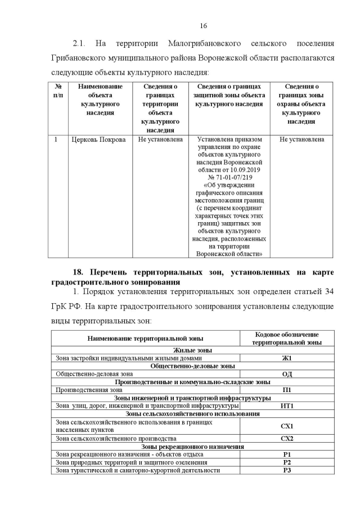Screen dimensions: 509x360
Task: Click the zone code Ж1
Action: (x=287, y=358)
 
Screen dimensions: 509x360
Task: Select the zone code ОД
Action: (x=287, y=373)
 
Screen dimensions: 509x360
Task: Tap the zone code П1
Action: (x=287, y=389)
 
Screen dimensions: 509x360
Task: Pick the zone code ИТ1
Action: (x=287, y=406)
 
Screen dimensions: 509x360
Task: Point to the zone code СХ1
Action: (x=287, y=426)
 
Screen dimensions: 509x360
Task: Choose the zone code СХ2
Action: (x=287, y=438)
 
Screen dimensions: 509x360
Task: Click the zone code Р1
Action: (x=287, y=454)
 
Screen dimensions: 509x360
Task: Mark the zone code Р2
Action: (x=287, y=462)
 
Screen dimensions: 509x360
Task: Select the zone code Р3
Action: (x=287, y=470)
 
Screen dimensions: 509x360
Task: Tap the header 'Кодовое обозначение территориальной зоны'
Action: (x=287, y=338)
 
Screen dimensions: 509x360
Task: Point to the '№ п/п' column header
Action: (x=58, y=91)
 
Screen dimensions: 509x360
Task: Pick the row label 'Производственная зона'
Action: (x=89, y=389)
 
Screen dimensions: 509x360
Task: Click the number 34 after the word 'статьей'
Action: (x=329, y=292)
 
